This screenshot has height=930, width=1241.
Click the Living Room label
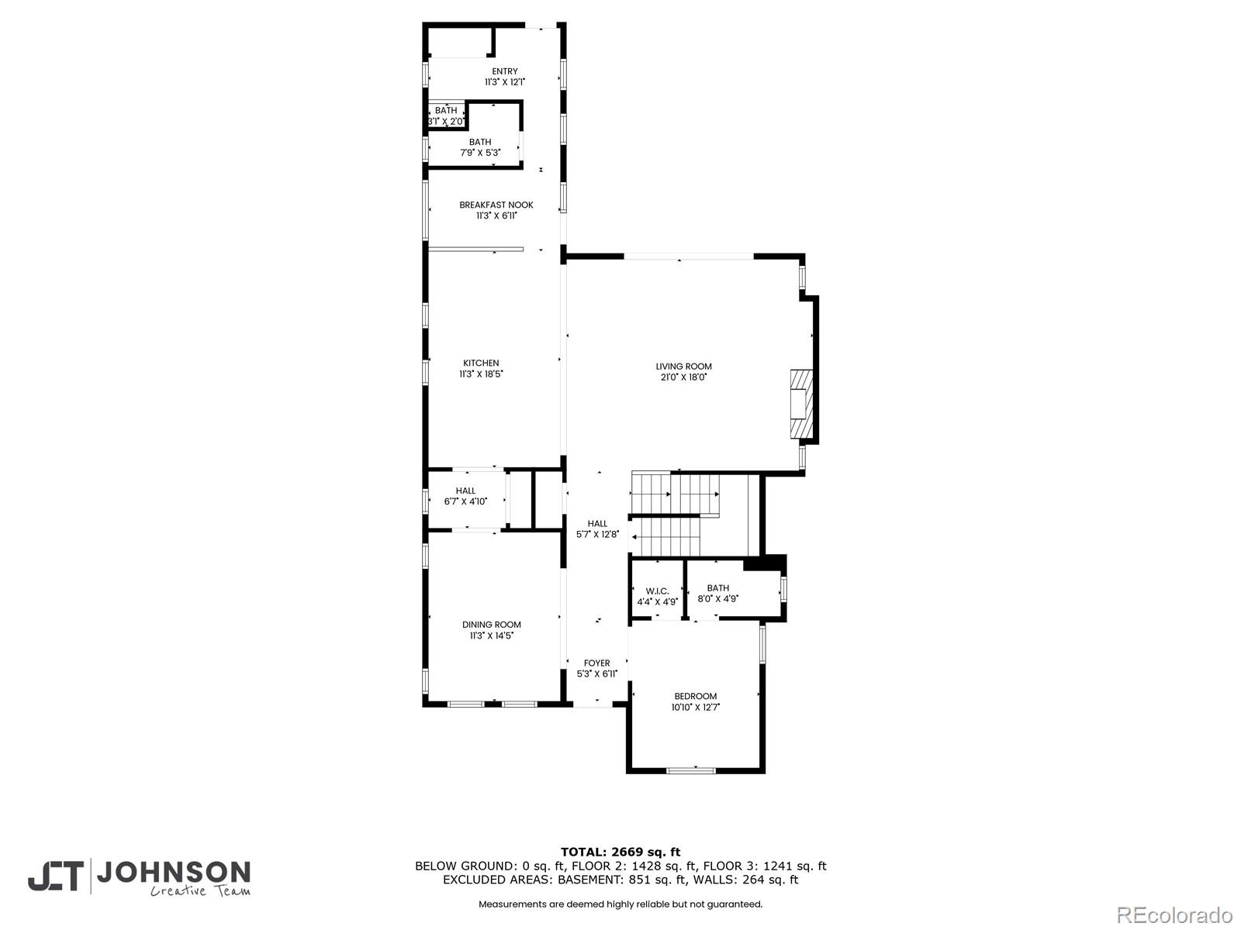[x=683, y=367]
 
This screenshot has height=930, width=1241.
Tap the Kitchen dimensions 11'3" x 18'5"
[x=481, y=374]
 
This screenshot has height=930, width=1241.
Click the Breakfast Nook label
[x=496, y=205]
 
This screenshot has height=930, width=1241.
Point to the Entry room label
[x=505, y=71]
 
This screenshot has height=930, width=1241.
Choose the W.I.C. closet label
[x=657, y=591]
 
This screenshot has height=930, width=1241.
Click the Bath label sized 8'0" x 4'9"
[x=717, y=588]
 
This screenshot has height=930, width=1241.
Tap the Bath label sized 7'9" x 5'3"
[x=480, y=142]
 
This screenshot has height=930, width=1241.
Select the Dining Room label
[x=492, y=625]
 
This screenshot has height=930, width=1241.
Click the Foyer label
[x=596, y=663]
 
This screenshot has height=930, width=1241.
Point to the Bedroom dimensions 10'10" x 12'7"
[x=696, y=707]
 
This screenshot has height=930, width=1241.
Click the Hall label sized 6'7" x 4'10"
[x=465, y=491]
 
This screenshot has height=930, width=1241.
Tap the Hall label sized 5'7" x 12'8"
[x=597, y=524]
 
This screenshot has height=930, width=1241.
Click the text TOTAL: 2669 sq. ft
[x=620, y=852]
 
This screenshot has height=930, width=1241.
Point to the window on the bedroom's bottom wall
[x=691, y=770]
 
